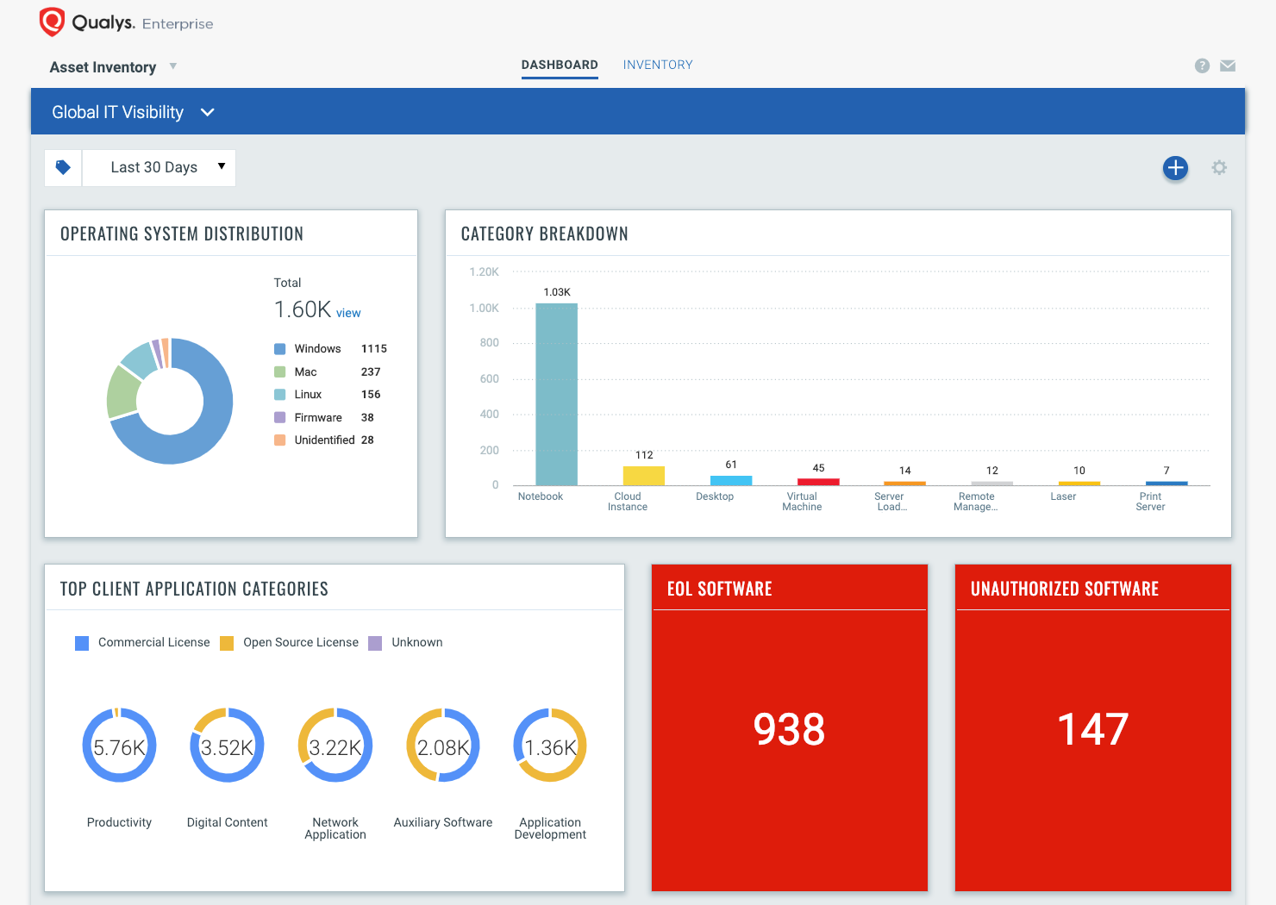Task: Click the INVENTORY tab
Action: [x=658, y=65]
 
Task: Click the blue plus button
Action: [x=1175, y=168]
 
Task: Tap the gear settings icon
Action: [x=1219, y=168]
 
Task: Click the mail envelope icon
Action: [x=1228, y=66]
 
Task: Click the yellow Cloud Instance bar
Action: [x=644, y=476]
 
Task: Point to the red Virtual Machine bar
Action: [x=818, y=482]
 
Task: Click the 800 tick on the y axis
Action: [x=489, y=343]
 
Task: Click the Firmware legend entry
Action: [x=317, y=417]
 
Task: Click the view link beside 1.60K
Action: [x=348, y=313]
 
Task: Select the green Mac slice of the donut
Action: [x=122, y=392]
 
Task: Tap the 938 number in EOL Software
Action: [x=789, y=729]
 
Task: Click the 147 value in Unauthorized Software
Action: [x=1092, y=729]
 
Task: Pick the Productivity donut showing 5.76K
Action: [x=119, y=746]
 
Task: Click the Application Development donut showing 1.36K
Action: [x=550, y=746]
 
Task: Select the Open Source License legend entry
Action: [x=299, y=642]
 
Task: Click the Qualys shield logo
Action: [x=52, y=22]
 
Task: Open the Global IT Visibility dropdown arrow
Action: [x=207, y=112]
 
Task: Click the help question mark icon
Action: [x=1202, y=66]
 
